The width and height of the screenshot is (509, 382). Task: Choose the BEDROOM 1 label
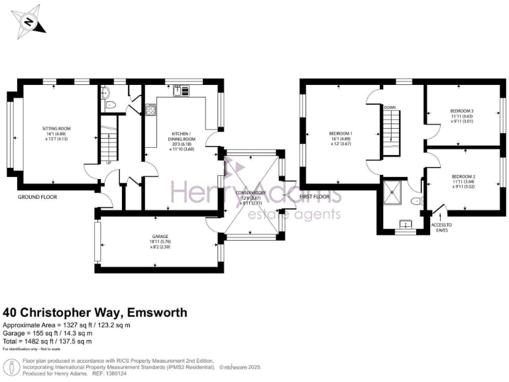341,134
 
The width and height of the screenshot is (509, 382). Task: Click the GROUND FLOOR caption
38,197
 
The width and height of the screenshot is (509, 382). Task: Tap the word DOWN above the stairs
390,107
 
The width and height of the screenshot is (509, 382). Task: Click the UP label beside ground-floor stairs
108,162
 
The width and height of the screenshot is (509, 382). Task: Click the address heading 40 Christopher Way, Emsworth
95,312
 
